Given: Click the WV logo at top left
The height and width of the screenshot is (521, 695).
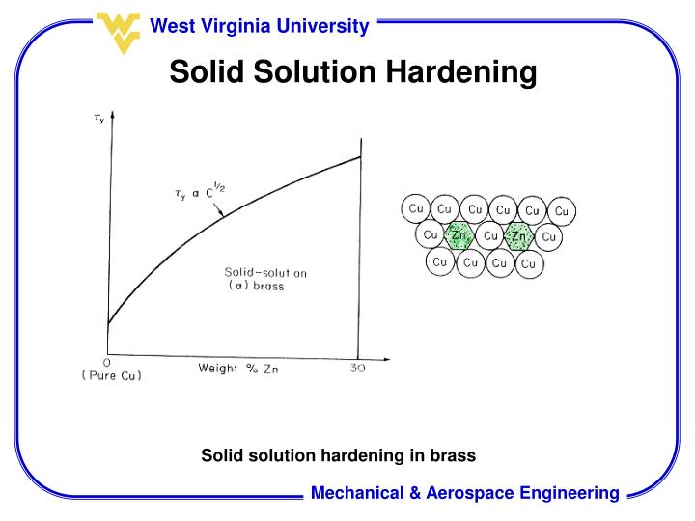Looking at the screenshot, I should [x=120, y=30].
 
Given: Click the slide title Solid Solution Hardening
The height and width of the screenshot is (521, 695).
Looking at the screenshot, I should [x=352, y=71].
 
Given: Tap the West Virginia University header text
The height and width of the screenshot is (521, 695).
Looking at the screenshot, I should [x=259, y=26].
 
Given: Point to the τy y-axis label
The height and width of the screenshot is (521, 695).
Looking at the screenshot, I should [x=99, y=120].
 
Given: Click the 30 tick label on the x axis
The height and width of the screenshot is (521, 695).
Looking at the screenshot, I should [x=357, y=368].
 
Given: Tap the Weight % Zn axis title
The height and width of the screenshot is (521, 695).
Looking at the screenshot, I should [x=237, y=369].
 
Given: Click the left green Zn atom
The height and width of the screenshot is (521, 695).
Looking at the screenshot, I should [x=459, y=235].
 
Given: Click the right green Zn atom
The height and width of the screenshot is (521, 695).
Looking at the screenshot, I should [x=519, y=236].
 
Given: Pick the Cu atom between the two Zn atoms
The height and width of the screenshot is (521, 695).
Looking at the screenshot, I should [x=490, y=236].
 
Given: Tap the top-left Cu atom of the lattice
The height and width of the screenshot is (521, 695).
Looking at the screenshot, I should [x=416, y=208].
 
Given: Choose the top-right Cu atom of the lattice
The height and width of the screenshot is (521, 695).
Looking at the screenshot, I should [x=564, y=211].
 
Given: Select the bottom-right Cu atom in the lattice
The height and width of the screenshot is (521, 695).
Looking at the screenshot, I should [x=527, y=263].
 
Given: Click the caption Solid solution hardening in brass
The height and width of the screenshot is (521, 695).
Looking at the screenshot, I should [x=339, y=454].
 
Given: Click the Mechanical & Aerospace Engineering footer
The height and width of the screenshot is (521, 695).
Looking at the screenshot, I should [x=464, y=493].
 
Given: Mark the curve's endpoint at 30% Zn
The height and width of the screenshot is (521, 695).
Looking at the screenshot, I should [x=360, y=157].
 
